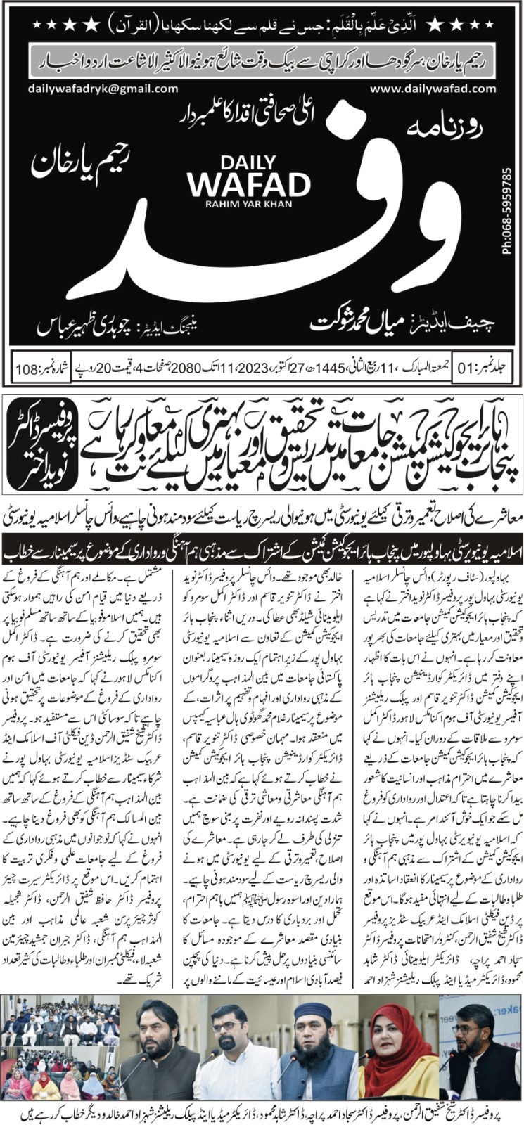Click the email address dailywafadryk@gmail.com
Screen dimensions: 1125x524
(103, 89)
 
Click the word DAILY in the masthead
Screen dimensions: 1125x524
(248, 159)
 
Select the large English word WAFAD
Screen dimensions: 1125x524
(249, 184)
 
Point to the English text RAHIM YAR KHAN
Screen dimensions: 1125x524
(248, 205)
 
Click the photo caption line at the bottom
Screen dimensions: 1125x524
(262, 1112)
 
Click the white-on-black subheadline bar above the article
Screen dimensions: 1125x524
(262, 546)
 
